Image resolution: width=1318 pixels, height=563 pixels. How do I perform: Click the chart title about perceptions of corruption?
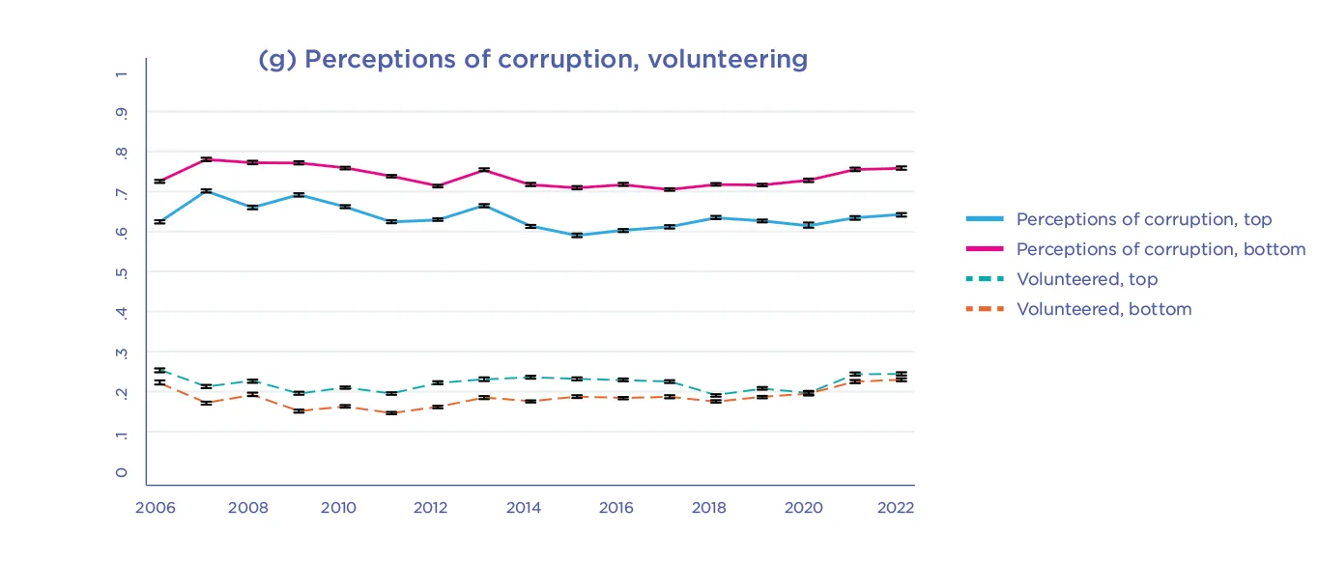pyautogui.click(x=532, y=59)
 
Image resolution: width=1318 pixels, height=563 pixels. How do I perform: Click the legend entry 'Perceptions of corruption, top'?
pyautogui.click(x=1143, y=220)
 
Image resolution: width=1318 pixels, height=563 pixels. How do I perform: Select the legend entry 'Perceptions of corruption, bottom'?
pyautogui.click(x=1160, y=249)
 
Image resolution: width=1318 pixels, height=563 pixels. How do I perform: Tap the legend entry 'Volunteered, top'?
pyautogui.click(x=1086, y=279)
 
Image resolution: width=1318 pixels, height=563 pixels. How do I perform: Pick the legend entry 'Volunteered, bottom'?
pyautogui.click(x=1103, y=309)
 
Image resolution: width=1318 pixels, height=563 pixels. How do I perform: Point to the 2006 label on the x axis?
pyautogui.click(x=155, y=508)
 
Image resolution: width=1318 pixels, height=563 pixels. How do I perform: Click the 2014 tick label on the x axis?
pyautogui.click(x=524, y=508)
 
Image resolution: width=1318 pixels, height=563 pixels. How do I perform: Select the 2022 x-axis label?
pyautogui.click(x=894, y=508)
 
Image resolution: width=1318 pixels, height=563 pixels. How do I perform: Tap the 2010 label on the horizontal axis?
pyautogui.click(x=339, y=508)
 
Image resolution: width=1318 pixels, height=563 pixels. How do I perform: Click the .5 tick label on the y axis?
pyautogui.click(x=121, y=271)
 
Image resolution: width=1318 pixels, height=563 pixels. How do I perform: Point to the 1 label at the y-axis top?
pyautogui.click(x=121, y=73)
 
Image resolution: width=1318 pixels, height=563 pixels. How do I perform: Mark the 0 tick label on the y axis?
pyautogui.click(x=121, y=472)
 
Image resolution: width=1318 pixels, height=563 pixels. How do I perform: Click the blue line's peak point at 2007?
pyautogui.click(x=206, y=191)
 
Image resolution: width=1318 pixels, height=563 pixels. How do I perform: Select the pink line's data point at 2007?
pyautogui.click(x=206, y=159)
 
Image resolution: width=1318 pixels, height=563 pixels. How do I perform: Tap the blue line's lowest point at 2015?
pyautogui.click(x=576, y=235)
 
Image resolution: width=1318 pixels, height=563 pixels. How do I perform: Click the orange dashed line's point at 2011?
pyautogui.click(x=391, y=412)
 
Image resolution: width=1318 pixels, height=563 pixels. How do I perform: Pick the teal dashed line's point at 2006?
pyautogui.click(x=159, y=370)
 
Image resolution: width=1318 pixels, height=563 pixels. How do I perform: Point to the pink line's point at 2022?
pyautogui.click(x=900, y=168)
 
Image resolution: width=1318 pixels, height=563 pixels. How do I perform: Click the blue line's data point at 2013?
pyautogui.click(x=484, y=206)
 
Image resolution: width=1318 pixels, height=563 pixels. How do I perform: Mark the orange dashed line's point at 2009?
pyautogui.click(x=299, y=410)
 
